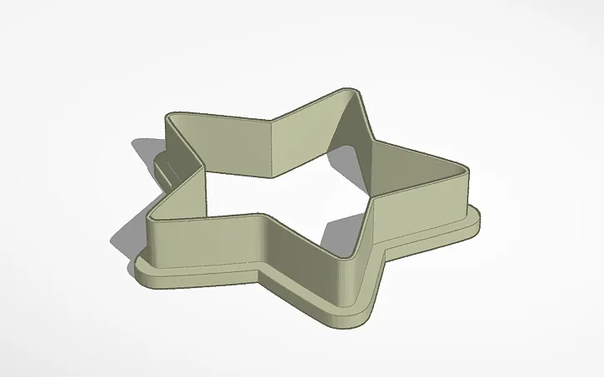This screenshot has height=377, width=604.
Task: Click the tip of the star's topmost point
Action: [x=354, y=90]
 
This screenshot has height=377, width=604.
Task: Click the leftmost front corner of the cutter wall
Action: [x=150, y=218]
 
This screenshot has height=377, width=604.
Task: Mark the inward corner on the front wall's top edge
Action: [x=265, y=217]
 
